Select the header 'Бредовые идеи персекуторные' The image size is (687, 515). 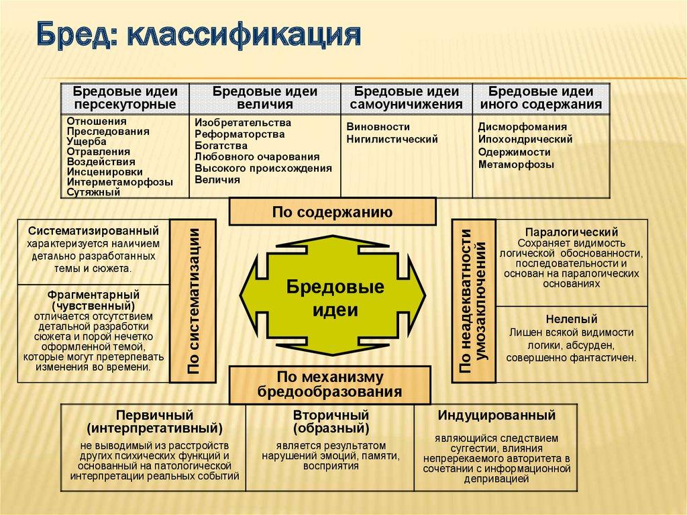pyautogui.click(x=125, y=98)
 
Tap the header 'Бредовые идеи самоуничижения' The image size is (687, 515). pyautogui.click(x=407, y=98)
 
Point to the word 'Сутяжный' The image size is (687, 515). pyautogui.click(x=93, y=192)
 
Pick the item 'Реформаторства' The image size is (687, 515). pyautogui.click(x=240, y=134)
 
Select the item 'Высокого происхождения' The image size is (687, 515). pyautogui.click(x=263, y=168)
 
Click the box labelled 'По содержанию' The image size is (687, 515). pyautogui.click(x=331, y=212)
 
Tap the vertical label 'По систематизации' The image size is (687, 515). pyautogui.click(x=193, y=300)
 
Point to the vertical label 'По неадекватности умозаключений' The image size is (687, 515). pyautogui.click(x=473, y=300)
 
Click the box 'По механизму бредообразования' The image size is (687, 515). pyautogui.click(x=331, y=384)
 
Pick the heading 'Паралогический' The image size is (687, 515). pyautogui.click(x=571, y=232)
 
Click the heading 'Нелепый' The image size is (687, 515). pyautogui.click(x=571, y=319)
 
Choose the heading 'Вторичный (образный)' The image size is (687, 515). pyautogui.click(x=331, y=421)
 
